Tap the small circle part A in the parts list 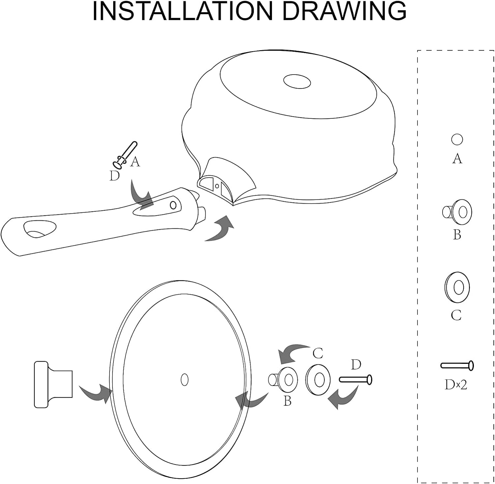457,139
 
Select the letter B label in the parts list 457,235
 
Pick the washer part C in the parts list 457,287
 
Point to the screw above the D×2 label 457,365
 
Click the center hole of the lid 185,380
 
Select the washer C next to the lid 318,380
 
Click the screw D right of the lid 356,380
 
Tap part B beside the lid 283,380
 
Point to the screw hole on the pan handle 173,205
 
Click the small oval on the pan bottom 297,81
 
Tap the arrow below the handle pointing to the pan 219,229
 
